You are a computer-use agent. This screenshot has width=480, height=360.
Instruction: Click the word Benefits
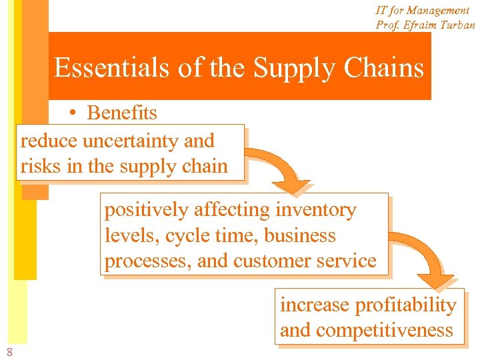coord(122,113)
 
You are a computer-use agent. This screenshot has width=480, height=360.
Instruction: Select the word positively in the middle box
coord(147,211)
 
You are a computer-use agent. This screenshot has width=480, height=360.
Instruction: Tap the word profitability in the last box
coord(405,305)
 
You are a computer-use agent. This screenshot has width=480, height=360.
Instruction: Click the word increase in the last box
coord(315,305)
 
